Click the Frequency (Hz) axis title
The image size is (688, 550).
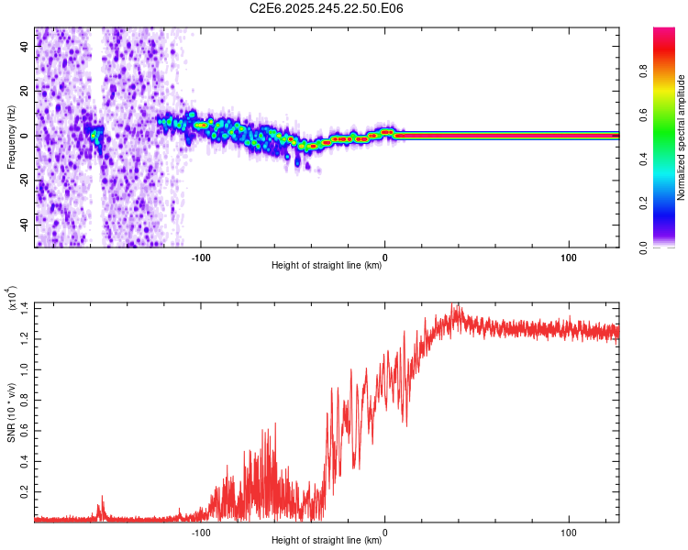pyautogui.click(x=11, y=137)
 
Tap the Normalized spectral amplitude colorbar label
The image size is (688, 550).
pyautogui.click(x=682, y=138)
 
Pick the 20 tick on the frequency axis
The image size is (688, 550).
pyautogui.click(x=26, y=92)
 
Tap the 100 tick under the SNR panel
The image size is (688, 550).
pyautogui.click(x=568, y=533)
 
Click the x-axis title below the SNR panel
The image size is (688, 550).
pyautogui.click(x=327, y=541)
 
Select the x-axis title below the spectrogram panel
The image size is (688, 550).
pyautogui.click(x=327, y=266)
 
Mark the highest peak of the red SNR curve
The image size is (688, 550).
pyautogui.click(x=453, y=303)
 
